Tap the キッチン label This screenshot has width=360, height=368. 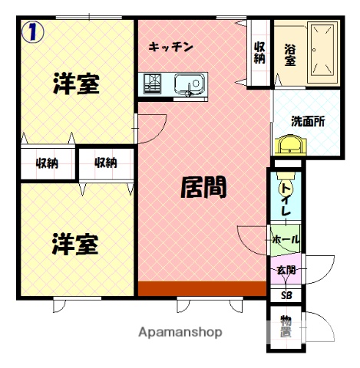click(171, 48)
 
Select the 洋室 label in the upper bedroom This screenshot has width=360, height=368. click(76, 84)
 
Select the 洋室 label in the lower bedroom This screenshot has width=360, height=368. click(74, 245)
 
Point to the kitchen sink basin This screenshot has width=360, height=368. click(187, 83)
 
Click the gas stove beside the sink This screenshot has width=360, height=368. click(152, 82)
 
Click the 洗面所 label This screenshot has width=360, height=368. click(307, 121)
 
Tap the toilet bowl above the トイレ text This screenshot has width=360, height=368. click(285, 181)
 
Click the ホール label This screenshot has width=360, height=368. click(286, 239)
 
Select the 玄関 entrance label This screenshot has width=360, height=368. click(286, 270)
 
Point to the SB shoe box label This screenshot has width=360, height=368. click(286, 294)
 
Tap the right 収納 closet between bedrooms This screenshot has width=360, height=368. click(106, 162)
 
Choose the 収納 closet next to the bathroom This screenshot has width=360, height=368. click(259, 52)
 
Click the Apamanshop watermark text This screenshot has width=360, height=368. click(180, 333)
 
